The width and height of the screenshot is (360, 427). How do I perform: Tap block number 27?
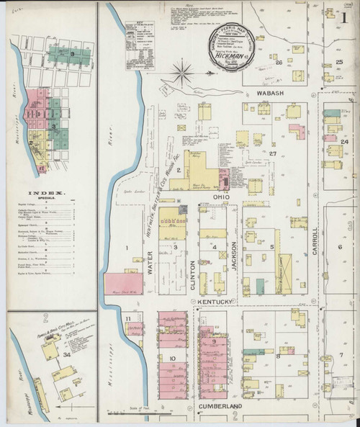[273, 153]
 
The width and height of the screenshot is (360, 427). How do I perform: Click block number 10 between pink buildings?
[173, 357]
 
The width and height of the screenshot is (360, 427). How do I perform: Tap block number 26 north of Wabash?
[278, 63]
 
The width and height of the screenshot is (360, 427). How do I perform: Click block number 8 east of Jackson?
[278, 356]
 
